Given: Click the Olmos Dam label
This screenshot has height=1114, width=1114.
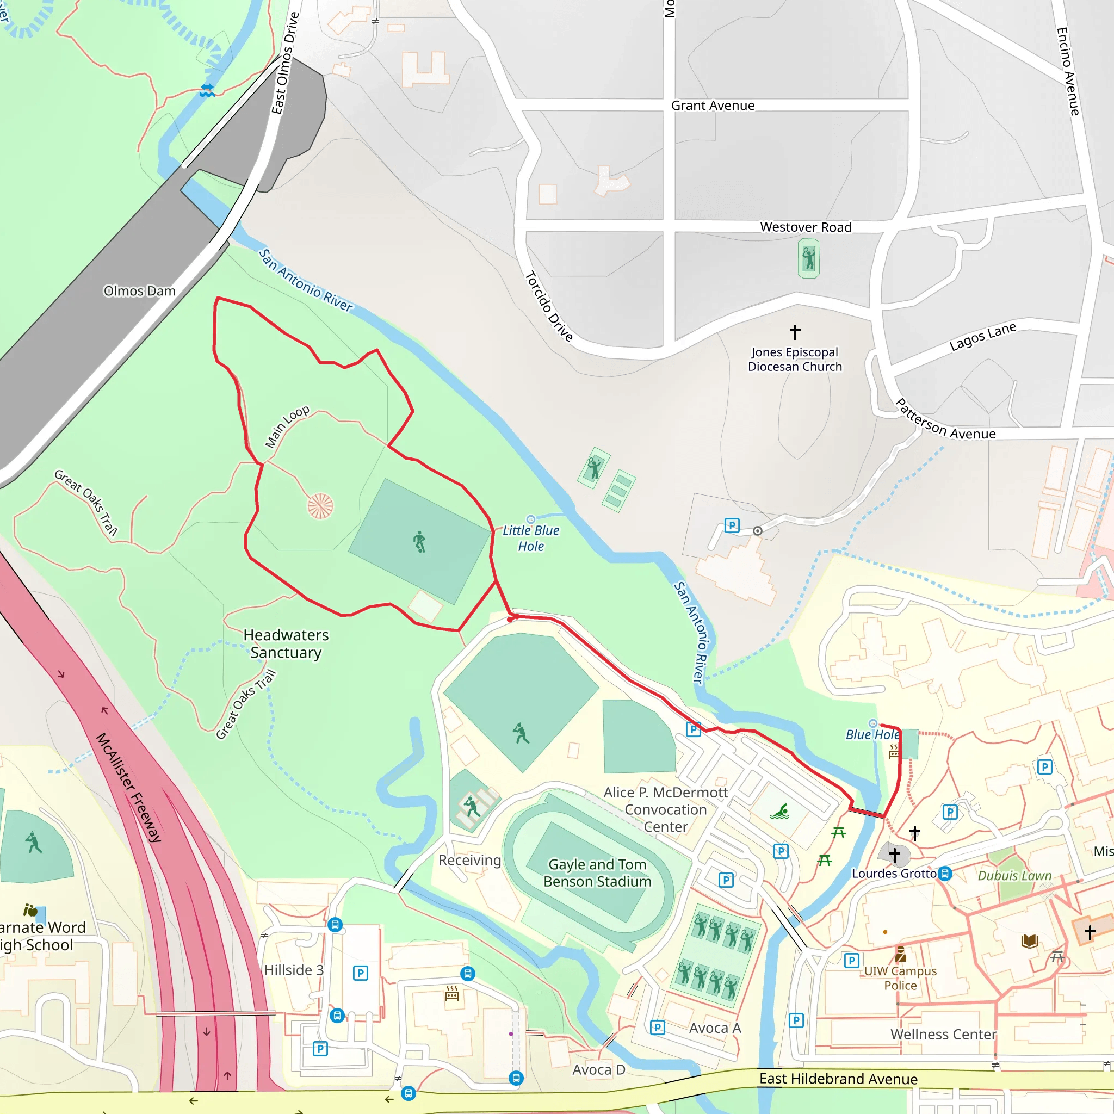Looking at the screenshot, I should (140, 290).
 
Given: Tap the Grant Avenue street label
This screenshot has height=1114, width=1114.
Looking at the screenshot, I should (713, 106).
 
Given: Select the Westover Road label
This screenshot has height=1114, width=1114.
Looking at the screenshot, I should (806, 227).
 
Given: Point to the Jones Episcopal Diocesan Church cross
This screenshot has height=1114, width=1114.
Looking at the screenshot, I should (795, 332).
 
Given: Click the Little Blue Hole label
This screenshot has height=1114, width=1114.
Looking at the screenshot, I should (530, 538).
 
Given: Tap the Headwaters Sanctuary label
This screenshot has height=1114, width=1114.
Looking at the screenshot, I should (286, 643).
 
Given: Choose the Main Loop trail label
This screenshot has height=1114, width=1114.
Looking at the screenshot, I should (287, 426).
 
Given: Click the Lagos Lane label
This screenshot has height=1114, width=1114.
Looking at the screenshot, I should (982, 337).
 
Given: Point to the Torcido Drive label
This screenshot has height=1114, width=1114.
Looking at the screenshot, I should (548, 307).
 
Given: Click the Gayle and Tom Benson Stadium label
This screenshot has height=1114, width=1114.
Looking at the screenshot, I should (597, 872).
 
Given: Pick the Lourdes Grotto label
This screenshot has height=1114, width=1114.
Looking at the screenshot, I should (894, 874).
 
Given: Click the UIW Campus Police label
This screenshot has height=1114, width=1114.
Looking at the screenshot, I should (900, 978).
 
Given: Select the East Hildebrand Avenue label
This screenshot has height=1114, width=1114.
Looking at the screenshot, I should (838, 1079).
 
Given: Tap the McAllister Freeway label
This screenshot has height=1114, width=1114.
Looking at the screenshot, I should (128, 788).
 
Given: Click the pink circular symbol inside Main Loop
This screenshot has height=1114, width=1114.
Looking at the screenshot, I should (320, 506).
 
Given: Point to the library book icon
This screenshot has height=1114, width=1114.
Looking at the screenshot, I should (1029, 942).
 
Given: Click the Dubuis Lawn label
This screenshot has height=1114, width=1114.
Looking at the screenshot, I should (1015, 876).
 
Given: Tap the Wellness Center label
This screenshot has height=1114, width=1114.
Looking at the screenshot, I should (943, 1035).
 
